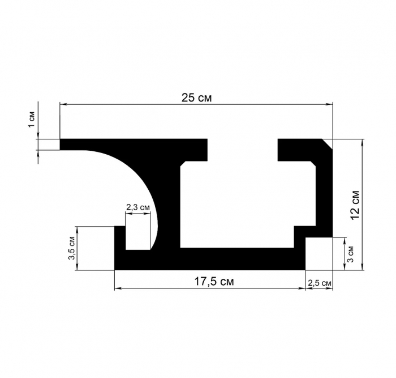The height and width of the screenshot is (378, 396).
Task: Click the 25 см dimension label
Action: pos(197,97)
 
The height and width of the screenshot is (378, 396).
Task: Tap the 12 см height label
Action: pos(355,204)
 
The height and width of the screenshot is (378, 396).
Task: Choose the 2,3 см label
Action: pos(138,207)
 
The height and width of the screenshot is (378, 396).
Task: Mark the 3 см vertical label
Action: pos(351,253)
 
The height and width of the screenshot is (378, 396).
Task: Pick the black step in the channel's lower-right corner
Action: pos(302,238)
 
